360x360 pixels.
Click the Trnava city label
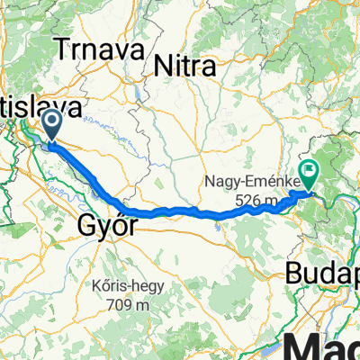pyautogui.click(x=99, y=50)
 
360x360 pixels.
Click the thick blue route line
pyautogui.click(x=180, y=211)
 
